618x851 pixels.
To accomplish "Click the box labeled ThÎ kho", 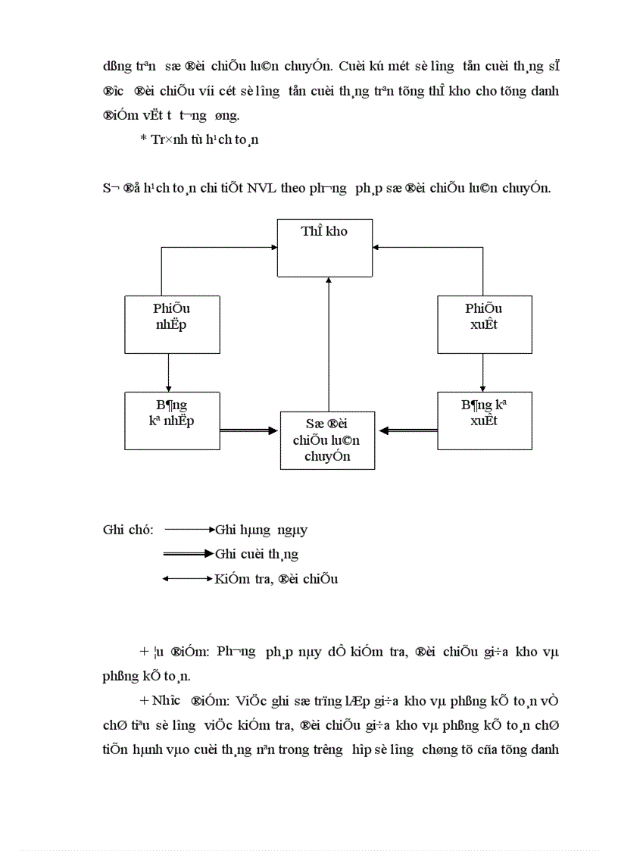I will (x=324, y=248).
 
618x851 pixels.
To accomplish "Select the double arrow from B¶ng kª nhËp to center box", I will (x=249, y=430).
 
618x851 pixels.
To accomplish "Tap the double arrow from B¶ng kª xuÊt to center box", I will (x=408, y=430).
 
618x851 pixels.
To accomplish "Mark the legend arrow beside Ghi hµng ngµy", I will (x=189, y=530).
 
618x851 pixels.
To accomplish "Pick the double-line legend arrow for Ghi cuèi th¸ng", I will (x=189, y=554).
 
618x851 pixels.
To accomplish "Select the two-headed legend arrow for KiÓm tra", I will (x=189, y=579).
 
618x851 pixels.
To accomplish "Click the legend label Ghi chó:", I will (x=128, y=530).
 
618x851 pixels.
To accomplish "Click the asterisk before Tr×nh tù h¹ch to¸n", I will (x=143, y=139).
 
